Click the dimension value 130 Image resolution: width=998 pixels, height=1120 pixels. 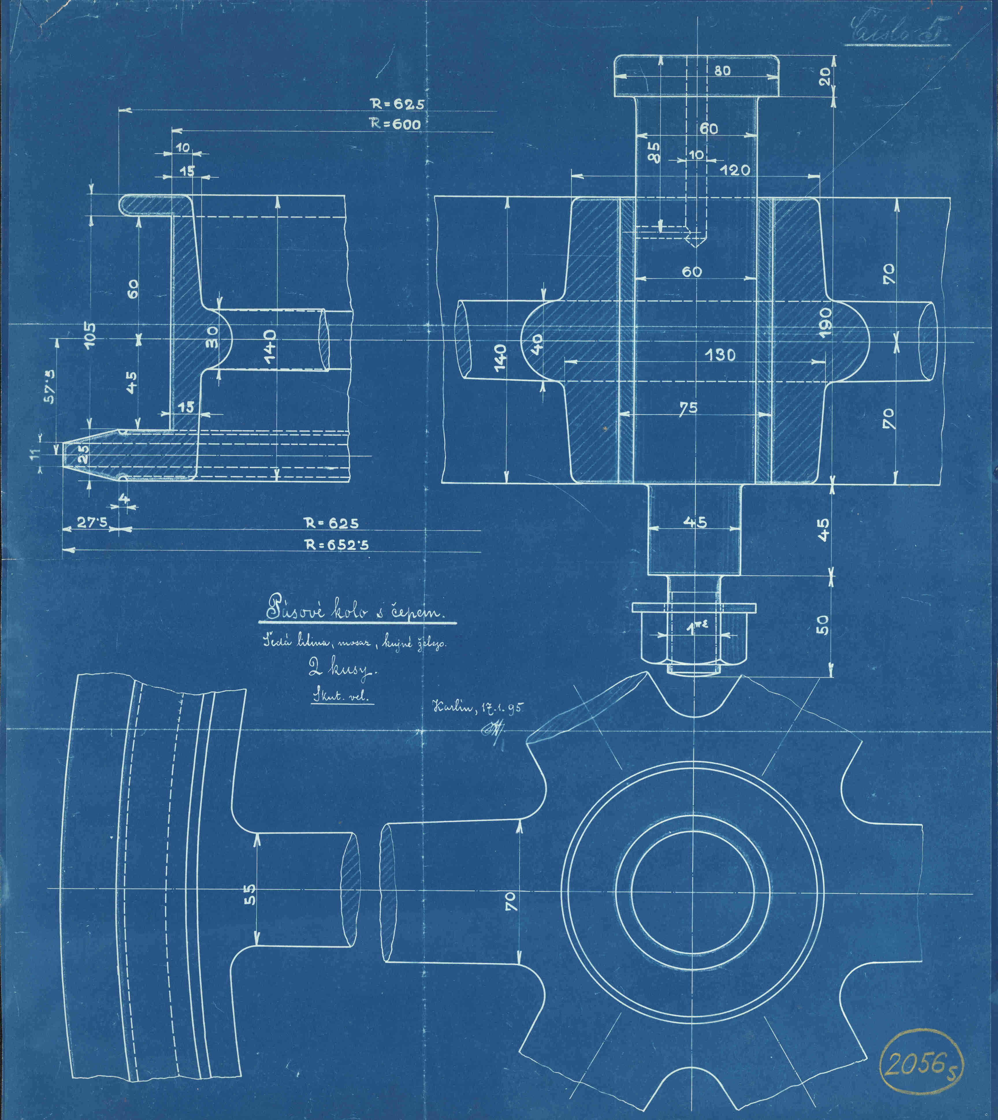[x=720, y=355]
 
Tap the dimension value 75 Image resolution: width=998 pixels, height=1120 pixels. [x=688, y=408]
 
